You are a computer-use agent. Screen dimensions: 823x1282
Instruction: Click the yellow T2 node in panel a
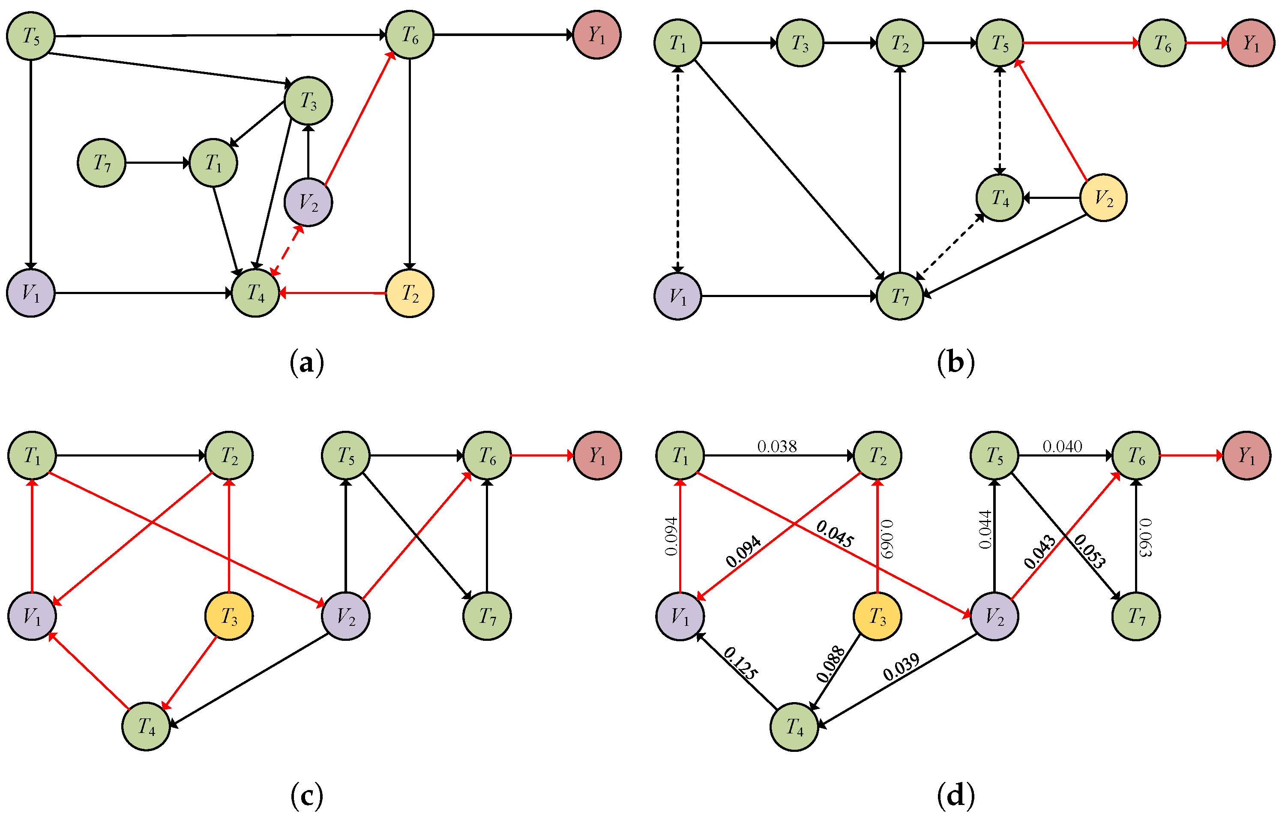pyautogui.click(x=410, y=293)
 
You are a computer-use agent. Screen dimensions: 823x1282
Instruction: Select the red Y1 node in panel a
pyautogui.click(x=597, y=35)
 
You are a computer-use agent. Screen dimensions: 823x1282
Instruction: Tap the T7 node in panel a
pyautogui.click(x=102, y=163)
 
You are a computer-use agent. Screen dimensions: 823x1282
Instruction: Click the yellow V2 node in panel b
pyautogui.click(x=1104, y=198)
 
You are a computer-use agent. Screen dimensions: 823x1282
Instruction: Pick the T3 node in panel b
pyautogui.click(x=800, y=43)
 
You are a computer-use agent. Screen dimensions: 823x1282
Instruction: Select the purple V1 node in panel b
pyautogui.click(x=678, y=296)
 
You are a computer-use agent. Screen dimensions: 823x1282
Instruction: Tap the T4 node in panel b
pyautogui.click(x=1000, y=198)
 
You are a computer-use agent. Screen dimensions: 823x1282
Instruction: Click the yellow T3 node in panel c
pyautogui.click(x=229, y=616)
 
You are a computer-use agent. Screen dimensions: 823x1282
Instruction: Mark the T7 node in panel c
pyautogui.click(x=487, y=616)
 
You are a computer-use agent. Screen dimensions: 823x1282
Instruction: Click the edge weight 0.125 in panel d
pyautogui.click(x=740, y=663)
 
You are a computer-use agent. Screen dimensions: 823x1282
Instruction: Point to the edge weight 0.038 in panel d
pyautogui.click(x=777, y=446)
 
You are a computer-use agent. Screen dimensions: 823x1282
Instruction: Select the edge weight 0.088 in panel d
pyautogui.click(x=831, y=664)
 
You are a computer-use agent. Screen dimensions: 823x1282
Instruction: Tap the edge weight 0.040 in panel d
pyautogui.click(x=1063, y=446)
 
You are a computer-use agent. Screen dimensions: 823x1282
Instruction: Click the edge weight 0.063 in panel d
pyautogui.click(x=1145, y=538)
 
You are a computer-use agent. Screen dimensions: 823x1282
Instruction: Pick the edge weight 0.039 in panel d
pyautogui.click(x=901, y=667)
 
